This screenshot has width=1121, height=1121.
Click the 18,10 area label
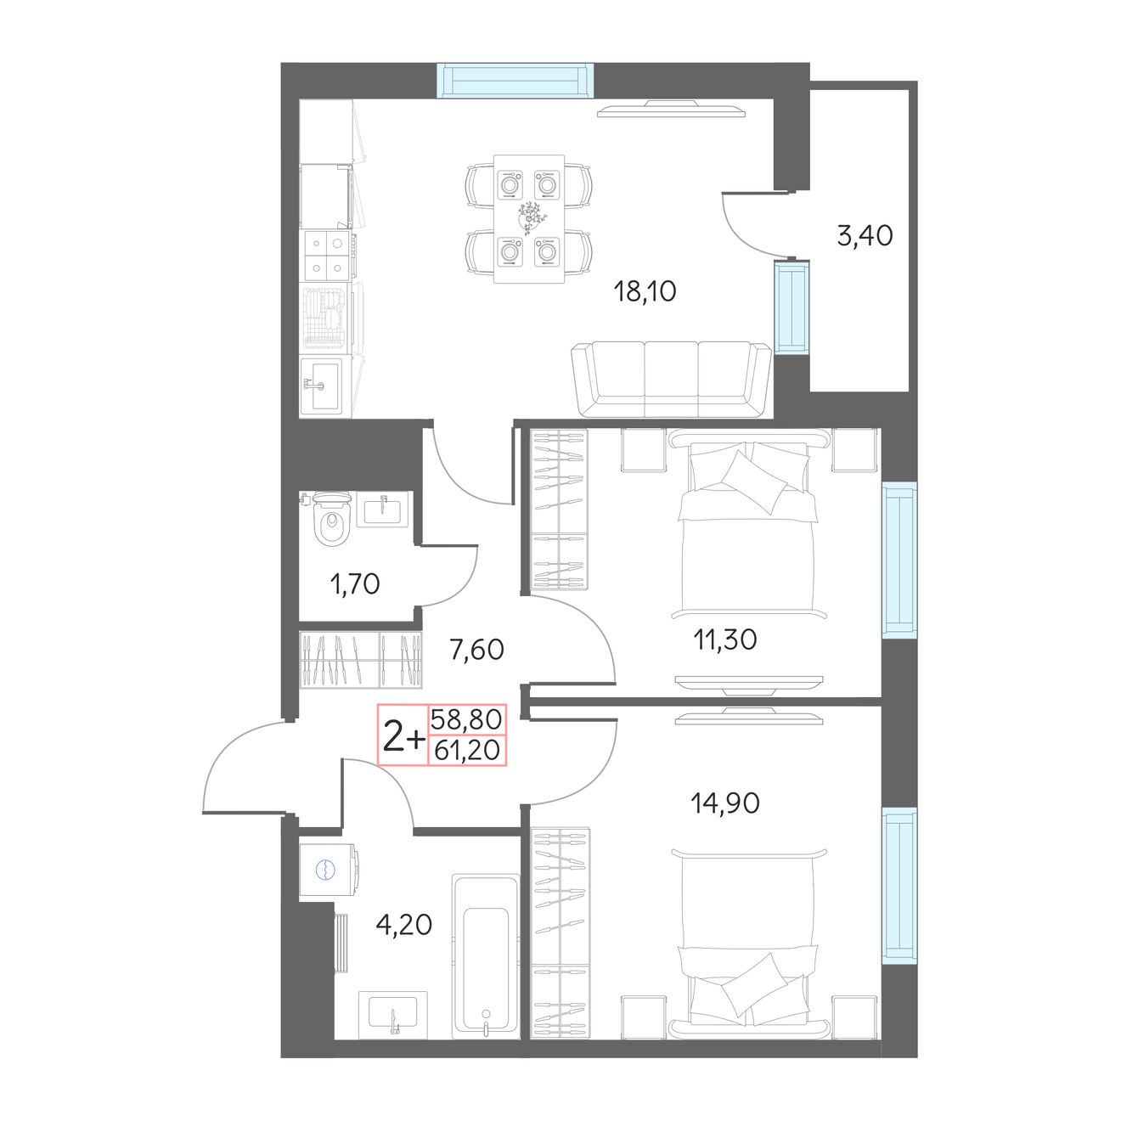point(645,291)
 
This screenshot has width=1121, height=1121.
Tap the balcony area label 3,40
point(865,236)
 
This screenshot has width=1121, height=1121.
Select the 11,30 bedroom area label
point(725,640)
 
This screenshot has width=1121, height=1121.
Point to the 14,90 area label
point(725,803)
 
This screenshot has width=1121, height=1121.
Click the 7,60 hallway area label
point(476,649)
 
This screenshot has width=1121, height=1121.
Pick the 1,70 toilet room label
point(355,583)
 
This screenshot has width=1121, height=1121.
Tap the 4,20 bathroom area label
point(403,924)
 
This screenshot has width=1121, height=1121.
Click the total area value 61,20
point(466,751)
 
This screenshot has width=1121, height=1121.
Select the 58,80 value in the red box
point(466,720)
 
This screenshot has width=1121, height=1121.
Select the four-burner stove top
point(326,256)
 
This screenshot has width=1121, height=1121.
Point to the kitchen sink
point(322,386)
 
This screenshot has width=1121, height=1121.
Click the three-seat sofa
point(671,380)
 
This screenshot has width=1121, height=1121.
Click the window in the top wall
point(516,81)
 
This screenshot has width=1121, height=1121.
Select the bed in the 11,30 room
point(749,524)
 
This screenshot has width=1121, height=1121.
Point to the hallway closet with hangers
point(361,660)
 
